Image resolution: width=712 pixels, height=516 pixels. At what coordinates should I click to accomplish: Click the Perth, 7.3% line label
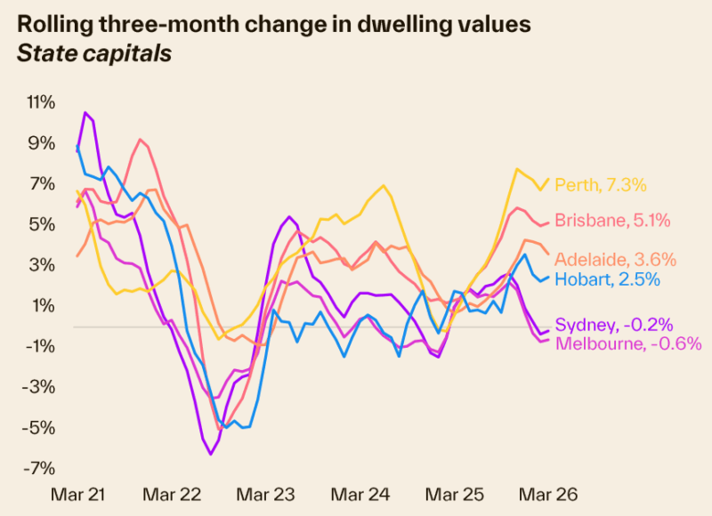(x=600, y=186)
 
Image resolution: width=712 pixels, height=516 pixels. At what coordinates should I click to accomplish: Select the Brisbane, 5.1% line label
(x=612, y=221)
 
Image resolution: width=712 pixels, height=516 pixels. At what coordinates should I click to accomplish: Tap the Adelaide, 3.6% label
(x=615, y=260)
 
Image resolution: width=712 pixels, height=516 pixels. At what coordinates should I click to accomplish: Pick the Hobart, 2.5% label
(x=608, y=279)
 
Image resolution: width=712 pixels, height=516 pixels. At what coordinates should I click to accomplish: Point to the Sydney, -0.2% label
(x=613, y=325)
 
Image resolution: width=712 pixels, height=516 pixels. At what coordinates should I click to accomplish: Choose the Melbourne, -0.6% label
(x=628, y=343)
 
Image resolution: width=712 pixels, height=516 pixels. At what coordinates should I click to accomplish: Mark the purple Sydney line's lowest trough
(x=211, y=454)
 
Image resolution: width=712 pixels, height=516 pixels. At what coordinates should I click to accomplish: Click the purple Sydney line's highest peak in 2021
(x=85, y=113)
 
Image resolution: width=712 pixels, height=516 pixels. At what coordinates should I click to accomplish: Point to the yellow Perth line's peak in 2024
(x=384, y=186)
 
